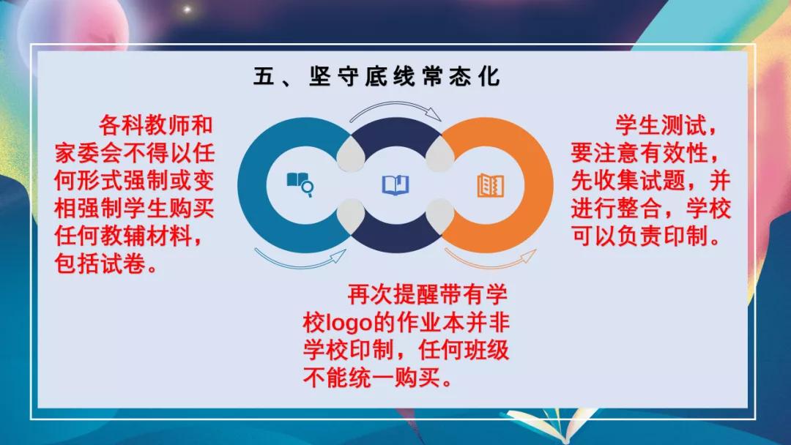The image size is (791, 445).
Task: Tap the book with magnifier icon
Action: tap(300, 184)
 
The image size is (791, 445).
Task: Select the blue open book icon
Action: tap(395, 184)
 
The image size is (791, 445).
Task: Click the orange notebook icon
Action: tap(490, 184)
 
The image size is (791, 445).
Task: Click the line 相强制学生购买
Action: tap(135, 209)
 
